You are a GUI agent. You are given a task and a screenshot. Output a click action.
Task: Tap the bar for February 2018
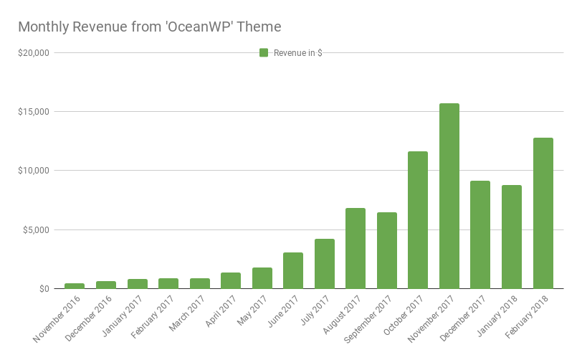[x=543, y=213]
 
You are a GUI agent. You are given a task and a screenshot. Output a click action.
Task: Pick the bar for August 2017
[x=356, y=248]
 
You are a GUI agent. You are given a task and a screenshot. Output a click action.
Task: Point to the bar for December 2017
[x=480, y=235]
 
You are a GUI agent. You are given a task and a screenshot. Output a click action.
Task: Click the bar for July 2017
[x=325, y=263]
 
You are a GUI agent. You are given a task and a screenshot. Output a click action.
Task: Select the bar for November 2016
[x=75, y=285]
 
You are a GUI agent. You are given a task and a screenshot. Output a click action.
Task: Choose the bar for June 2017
[x=293, y=270]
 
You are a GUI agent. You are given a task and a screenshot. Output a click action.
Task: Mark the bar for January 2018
[x=512, y=237]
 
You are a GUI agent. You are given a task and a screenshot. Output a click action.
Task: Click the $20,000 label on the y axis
[x=33, y=53]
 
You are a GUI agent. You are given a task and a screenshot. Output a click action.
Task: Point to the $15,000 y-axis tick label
[x=33, y=112]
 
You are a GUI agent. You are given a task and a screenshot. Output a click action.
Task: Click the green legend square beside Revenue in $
[x=264, y=52]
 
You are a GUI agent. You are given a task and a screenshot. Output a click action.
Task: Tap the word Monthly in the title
[x=42, y=27]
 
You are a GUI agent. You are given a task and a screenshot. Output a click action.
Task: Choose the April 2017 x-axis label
[x=222, y=310]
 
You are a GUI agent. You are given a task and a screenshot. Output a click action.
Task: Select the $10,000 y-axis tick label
[x=33, y=171]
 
